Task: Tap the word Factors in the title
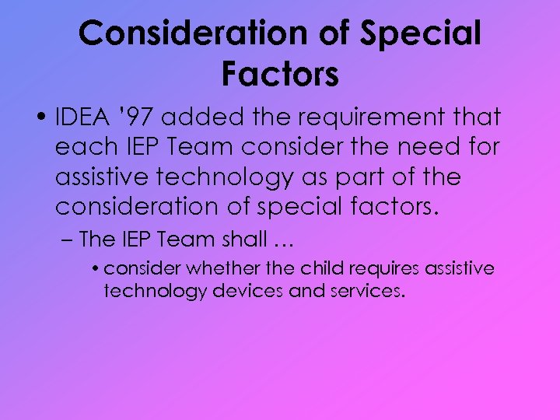click(x=280, y=74)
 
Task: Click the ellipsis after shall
click(x=277, y=240)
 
